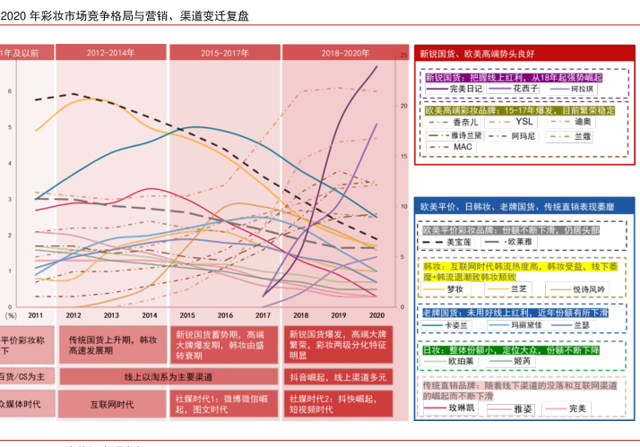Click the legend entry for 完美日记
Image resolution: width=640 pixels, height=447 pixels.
pos(465,90)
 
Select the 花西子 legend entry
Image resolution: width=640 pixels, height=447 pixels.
pos(525,90)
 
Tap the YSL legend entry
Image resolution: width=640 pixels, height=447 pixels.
pos(524,122)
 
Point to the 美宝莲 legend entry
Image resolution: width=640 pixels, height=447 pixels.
pos(458,242)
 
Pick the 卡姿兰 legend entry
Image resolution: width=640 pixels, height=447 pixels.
pos(458,325)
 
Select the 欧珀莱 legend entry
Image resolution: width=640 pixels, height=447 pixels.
pos(461,362)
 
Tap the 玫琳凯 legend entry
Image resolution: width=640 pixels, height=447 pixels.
pos(459,408)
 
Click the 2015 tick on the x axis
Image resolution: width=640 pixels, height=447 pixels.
pos(186,315)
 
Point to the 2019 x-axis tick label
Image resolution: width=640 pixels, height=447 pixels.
pos(338,315)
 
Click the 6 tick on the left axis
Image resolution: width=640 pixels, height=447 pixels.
pos(10,90)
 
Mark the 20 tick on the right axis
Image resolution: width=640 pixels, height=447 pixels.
pos(404,106)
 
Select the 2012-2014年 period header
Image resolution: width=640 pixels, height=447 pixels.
pos(111,54)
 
